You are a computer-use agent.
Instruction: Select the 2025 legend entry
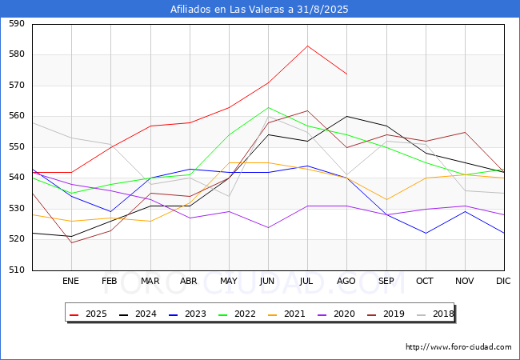pyautogui.click(x=88, y=314)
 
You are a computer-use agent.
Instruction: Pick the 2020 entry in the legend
pyautogui.click(x=336, y=314)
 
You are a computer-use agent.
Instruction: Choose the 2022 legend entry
pyautogui.click(x=237, y=314)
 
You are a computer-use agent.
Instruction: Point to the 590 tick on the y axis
pyautogui.click(x=17, y=23)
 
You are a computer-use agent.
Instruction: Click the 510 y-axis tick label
pyautogui.click(x=17, y=270)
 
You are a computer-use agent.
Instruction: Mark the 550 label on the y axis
pyautogui.click(x=17, y=147)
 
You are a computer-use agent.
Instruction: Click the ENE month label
pyautogui.click(x=70, y=281)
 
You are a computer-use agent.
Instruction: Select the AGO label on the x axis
pyautogui.click(x=346, y=281)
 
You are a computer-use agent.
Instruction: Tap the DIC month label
pyautogui.click(x=503, y=281)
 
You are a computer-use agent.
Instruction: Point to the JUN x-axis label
pyautogui.click(x=267, y=281)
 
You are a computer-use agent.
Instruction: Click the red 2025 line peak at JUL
pyautogui.click(x=307, y=46)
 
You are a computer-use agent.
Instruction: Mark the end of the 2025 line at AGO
pyautogui.click(x=347, y=74)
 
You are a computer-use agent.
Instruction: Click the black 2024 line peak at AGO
pyautogui.click(x=347, y=116)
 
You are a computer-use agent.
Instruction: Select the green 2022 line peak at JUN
pyautogui.click(x=268, y=107)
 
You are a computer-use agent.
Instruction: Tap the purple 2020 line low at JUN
pyautogui.click(x=268, y=227)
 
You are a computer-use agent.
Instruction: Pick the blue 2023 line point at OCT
pyautogui.click(x=426, y=233)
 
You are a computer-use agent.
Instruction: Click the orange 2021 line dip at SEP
pyautogui.click(x=386, y=199)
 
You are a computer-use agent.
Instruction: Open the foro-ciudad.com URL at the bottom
pyautogui.click(x=458, y=347)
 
